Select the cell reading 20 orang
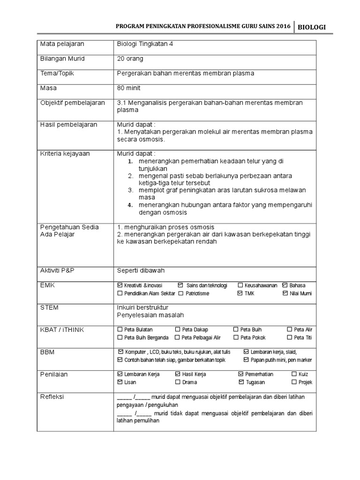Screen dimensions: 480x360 [130, 59]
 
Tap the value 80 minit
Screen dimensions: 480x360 [129, 88]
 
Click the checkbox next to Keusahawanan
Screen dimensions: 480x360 [240, 285]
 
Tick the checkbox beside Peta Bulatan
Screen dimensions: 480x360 [120, 330]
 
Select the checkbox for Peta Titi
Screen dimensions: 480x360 [289, 337]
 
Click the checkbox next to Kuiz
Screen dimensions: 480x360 [294, 374]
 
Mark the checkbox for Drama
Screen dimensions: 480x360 [178, 382]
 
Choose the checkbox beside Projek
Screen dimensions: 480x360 [294, 382]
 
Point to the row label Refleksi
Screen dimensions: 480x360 [52, 397]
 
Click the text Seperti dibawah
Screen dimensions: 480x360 [141, 270]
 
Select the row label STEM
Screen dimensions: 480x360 [49, 307]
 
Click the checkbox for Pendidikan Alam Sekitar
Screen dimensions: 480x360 [120, 293]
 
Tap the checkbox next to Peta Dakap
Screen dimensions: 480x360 [178, 330]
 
